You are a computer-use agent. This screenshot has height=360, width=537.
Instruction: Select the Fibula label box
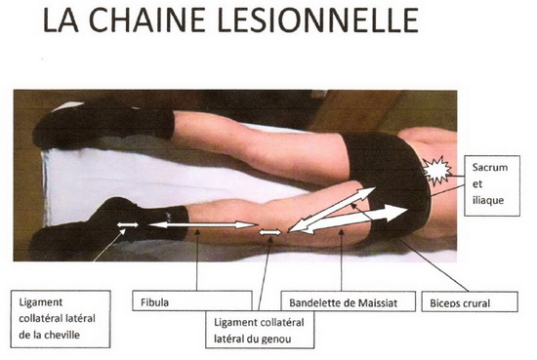[x=192, y=300]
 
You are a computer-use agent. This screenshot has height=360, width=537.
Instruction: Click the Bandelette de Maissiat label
[x=343, y=302]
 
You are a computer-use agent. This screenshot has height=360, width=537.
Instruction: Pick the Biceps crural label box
[x=470, y=301]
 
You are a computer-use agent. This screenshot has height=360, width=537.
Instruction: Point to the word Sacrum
[x=490, y=168]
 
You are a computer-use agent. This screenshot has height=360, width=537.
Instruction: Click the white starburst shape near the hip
[x=436, y=171]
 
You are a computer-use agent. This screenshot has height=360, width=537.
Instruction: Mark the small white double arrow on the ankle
[x=128, y=224]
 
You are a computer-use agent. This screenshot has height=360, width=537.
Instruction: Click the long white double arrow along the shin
[x=203, y=224]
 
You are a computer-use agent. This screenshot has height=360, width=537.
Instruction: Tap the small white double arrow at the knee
[x=269, y=233]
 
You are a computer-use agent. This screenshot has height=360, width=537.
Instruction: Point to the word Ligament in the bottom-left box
[x=41, y=302]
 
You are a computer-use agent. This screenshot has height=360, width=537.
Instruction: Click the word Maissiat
[x=378, y=302]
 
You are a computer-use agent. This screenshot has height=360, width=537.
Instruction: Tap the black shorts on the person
[x=389, y=178]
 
